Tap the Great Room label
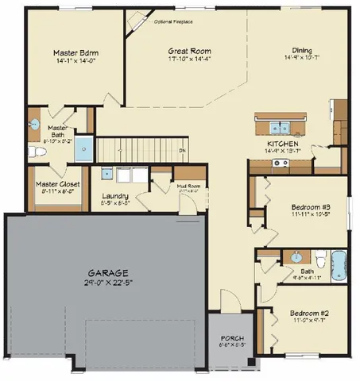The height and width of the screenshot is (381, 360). [189, 51]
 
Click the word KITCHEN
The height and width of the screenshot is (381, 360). [283, 144]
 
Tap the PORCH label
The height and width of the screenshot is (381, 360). [230, 338]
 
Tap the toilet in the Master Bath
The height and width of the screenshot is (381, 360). [33, 150]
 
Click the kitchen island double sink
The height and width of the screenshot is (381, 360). [279, 125]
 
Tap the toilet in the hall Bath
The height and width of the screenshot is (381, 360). [319, 259]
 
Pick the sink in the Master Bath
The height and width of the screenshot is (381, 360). [34, 125]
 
